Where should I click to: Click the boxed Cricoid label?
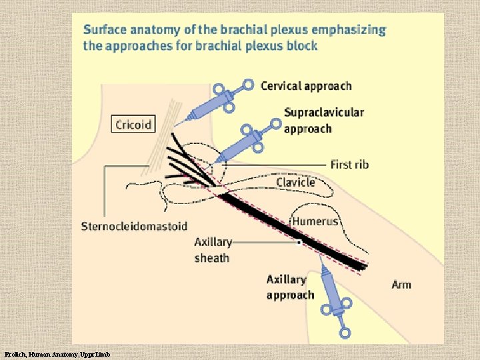coord(133,124)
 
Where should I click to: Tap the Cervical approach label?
coord(305,85)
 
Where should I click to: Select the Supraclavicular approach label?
coord(323,120)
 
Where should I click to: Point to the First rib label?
coord(349,164)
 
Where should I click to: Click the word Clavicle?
coord(295,181)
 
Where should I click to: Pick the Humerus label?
coord(315,221)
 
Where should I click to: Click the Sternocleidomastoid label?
coord(134,227)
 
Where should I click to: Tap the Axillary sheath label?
coord(212,250)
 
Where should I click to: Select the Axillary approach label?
coord(290,287)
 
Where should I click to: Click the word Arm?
coord(401,285)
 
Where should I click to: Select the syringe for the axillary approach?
coord(333,297)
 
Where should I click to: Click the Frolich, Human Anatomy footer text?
coord(57,353)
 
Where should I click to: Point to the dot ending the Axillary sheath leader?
coord(298,243)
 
